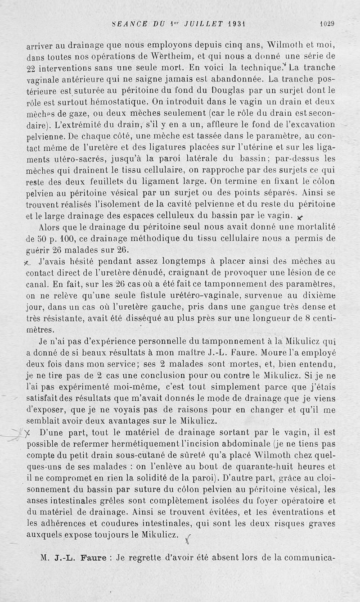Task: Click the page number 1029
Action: pyautogui.click(x=328, y=23)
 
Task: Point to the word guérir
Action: pyautogui.click(x=38, y=249)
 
